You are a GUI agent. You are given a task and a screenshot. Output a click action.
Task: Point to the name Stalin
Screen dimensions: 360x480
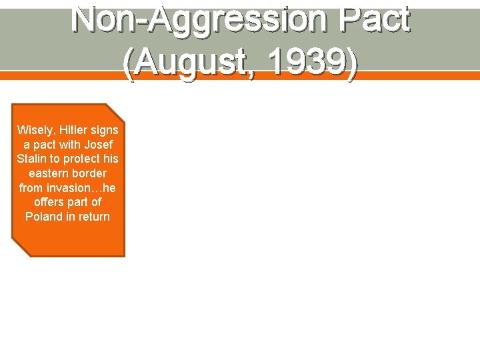point(31,159)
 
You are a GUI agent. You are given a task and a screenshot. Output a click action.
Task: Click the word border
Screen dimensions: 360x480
point(90,173)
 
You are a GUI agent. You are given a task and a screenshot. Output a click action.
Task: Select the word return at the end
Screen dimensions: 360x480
point(93,217)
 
